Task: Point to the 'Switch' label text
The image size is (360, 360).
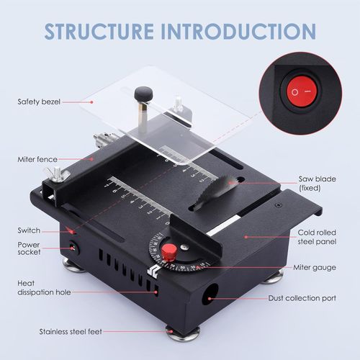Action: pos(30,230)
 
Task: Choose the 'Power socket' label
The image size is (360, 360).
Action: pos(30,248)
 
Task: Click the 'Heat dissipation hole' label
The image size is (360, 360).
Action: pos(37,288)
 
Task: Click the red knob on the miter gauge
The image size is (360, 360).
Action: pos(168,251)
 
